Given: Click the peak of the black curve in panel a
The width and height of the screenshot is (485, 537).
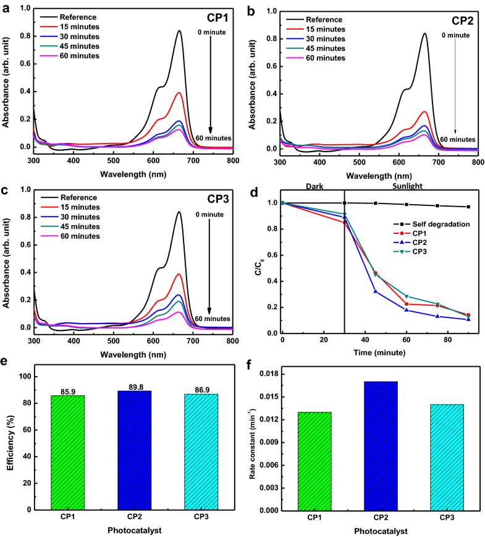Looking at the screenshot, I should tap(179, 31).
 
